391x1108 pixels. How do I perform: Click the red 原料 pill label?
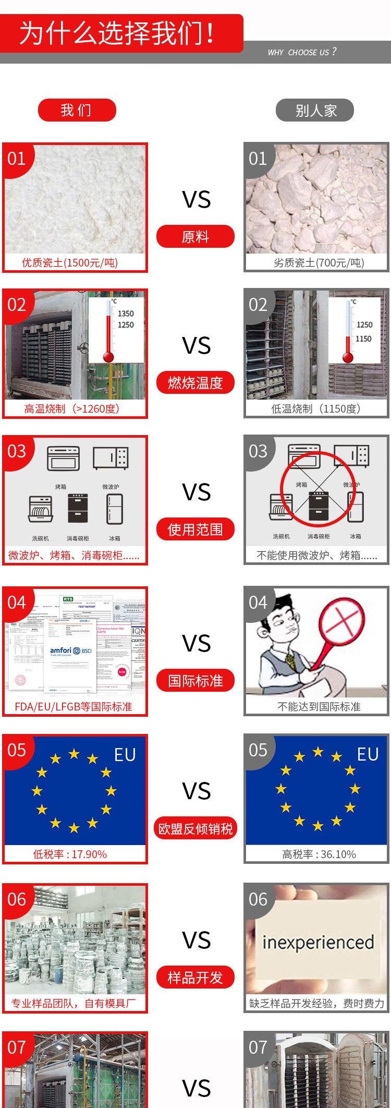195,236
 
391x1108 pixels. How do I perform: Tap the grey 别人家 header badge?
315,110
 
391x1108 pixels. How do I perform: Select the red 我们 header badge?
77,110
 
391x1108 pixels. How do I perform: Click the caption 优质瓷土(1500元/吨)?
70,262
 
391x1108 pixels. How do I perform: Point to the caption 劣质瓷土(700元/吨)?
319,262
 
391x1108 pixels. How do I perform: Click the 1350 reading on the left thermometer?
126,314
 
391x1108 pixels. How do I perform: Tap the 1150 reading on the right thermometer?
363,339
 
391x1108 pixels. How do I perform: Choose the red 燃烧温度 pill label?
195,382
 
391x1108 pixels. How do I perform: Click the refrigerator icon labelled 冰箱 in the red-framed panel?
115,509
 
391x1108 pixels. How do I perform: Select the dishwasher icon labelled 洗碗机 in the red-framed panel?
40,509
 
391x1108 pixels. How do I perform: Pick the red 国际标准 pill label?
195,680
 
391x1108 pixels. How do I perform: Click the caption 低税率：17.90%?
70,854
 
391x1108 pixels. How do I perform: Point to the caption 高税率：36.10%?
319,854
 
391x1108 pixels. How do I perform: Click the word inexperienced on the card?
318,942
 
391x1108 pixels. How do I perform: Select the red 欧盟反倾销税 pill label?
195,828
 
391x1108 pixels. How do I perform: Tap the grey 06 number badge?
258,899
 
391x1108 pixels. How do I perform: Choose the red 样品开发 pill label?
195,977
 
